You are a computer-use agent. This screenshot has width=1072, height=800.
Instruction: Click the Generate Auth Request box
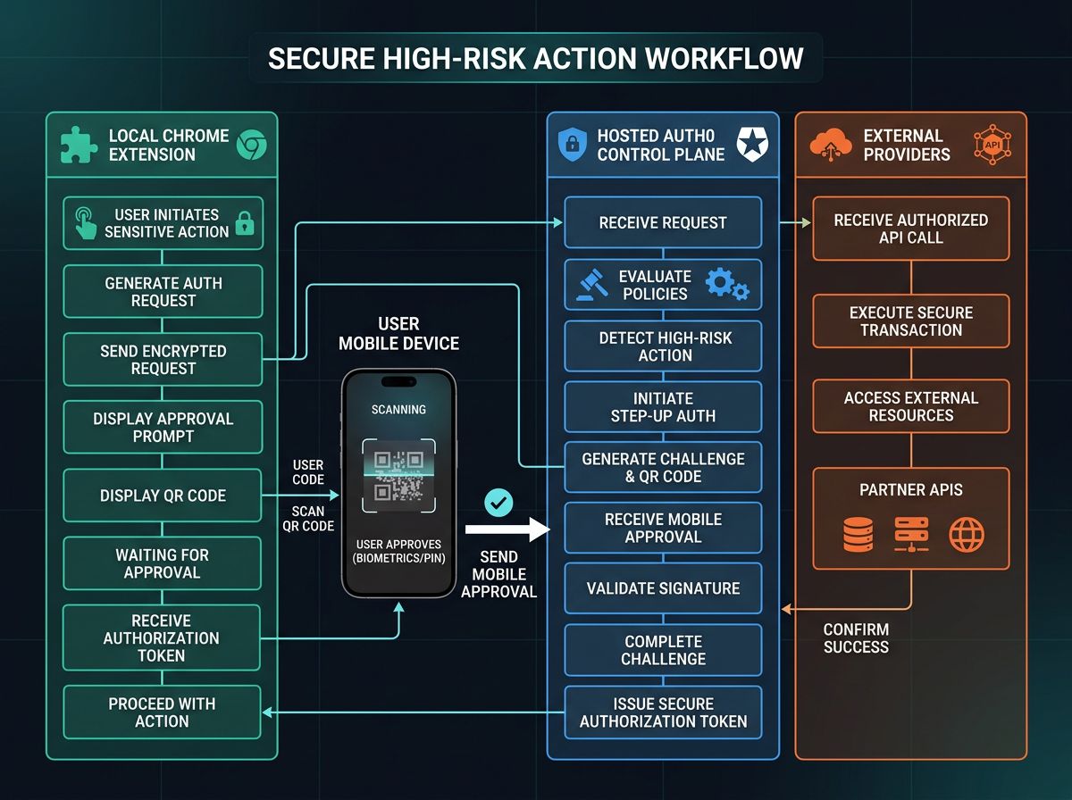163,292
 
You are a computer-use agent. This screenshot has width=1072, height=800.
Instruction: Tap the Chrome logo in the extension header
251,145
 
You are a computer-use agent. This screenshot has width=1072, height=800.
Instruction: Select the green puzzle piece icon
80,145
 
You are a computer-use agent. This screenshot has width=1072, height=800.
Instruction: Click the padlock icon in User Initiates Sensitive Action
243,222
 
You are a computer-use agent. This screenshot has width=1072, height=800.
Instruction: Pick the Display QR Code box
163,496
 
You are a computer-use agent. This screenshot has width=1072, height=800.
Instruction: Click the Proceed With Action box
163,712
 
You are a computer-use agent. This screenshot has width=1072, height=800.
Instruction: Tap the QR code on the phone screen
398,476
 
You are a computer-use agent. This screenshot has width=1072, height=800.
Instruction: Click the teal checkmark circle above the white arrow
498,503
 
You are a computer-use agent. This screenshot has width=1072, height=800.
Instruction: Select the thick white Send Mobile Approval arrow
522,531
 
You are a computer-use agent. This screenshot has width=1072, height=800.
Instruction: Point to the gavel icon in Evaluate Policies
589,285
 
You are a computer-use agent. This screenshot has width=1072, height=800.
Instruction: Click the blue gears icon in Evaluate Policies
725,284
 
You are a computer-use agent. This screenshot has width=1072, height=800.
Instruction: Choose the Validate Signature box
663,588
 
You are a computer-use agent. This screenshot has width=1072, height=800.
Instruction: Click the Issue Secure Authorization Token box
663,712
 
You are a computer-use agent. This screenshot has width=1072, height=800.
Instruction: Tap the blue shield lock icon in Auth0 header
572,145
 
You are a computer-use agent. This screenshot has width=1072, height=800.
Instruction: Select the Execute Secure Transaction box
910,321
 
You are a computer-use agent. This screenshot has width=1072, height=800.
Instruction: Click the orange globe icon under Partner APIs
967,534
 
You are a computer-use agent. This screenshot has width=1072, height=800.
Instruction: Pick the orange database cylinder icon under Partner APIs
858,534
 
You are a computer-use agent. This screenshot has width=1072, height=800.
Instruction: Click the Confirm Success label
856,637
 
